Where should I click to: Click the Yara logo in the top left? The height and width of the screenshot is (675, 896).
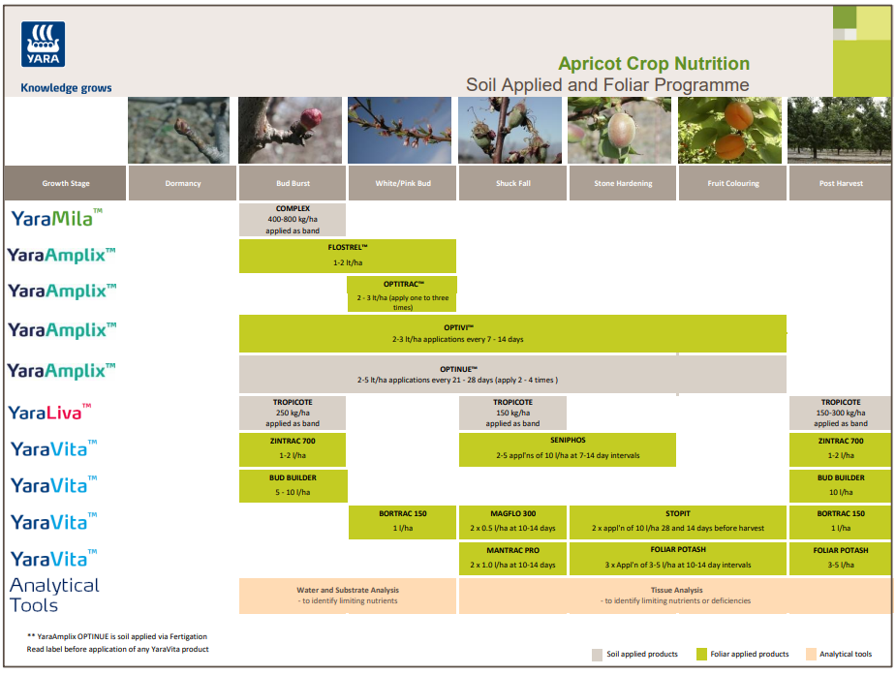point(43,45)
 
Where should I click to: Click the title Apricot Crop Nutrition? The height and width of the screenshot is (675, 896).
point(654,64)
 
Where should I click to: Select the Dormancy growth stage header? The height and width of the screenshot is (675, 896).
point(182,183)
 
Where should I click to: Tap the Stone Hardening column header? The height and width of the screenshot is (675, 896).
point(622,183)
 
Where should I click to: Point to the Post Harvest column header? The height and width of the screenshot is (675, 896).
point(840,183)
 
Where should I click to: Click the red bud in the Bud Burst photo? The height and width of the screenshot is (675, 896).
point(311,119)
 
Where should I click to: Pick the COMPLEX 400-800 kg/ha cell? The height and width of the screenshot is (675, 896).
point(293,220)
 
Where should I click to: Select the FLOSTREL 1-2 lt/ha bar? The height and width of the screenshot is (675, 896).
point(347,256)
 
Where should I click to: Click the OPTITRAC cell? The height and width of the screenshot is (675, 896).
point(402,293)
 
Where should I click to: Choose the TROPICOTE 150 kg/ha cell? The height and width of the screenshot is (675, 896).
point(512,413)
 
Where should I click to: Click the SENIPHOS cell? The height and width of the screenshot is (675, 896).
point(568,449)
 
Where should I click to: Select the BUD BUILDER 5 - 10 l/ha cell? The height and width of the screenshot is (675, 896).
point(293,484)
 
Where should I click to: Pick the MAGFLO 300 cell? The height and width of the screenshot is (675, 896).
point(512,521)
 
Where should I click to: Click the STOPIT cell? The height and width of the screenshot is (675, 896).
point(678,521)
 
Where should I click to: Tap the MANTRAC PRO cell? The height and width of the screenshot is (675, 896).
point(512,557)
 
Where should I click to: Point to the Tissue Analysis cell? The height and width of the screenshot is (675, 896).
point(675,595)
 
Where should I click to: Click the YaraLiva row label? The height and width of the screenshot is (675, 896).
point(50,413)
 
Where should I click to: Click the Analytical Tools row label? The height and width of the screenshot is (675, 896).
point(54,595)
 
